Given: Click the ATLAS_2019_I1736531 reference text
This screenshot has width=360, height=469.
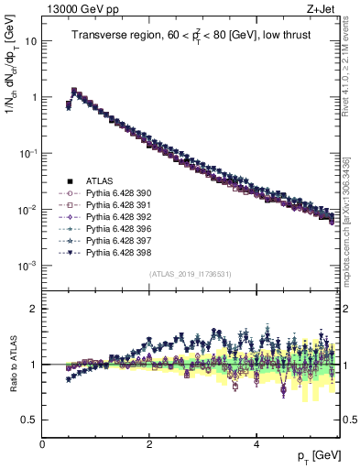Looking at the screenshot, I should click(191, 275).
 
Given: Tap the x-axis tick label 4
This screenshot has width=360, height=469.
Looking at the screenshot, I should click(256, 444).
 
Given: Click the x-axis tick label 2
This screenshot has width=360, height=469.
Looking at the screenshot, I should click(149, 444).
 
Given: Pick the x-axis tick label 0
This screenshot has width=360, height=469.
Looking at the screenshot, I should click(42, 444).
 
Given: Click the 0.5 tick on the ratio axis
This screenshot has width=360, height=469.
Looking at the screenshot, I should click(29, 420).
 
